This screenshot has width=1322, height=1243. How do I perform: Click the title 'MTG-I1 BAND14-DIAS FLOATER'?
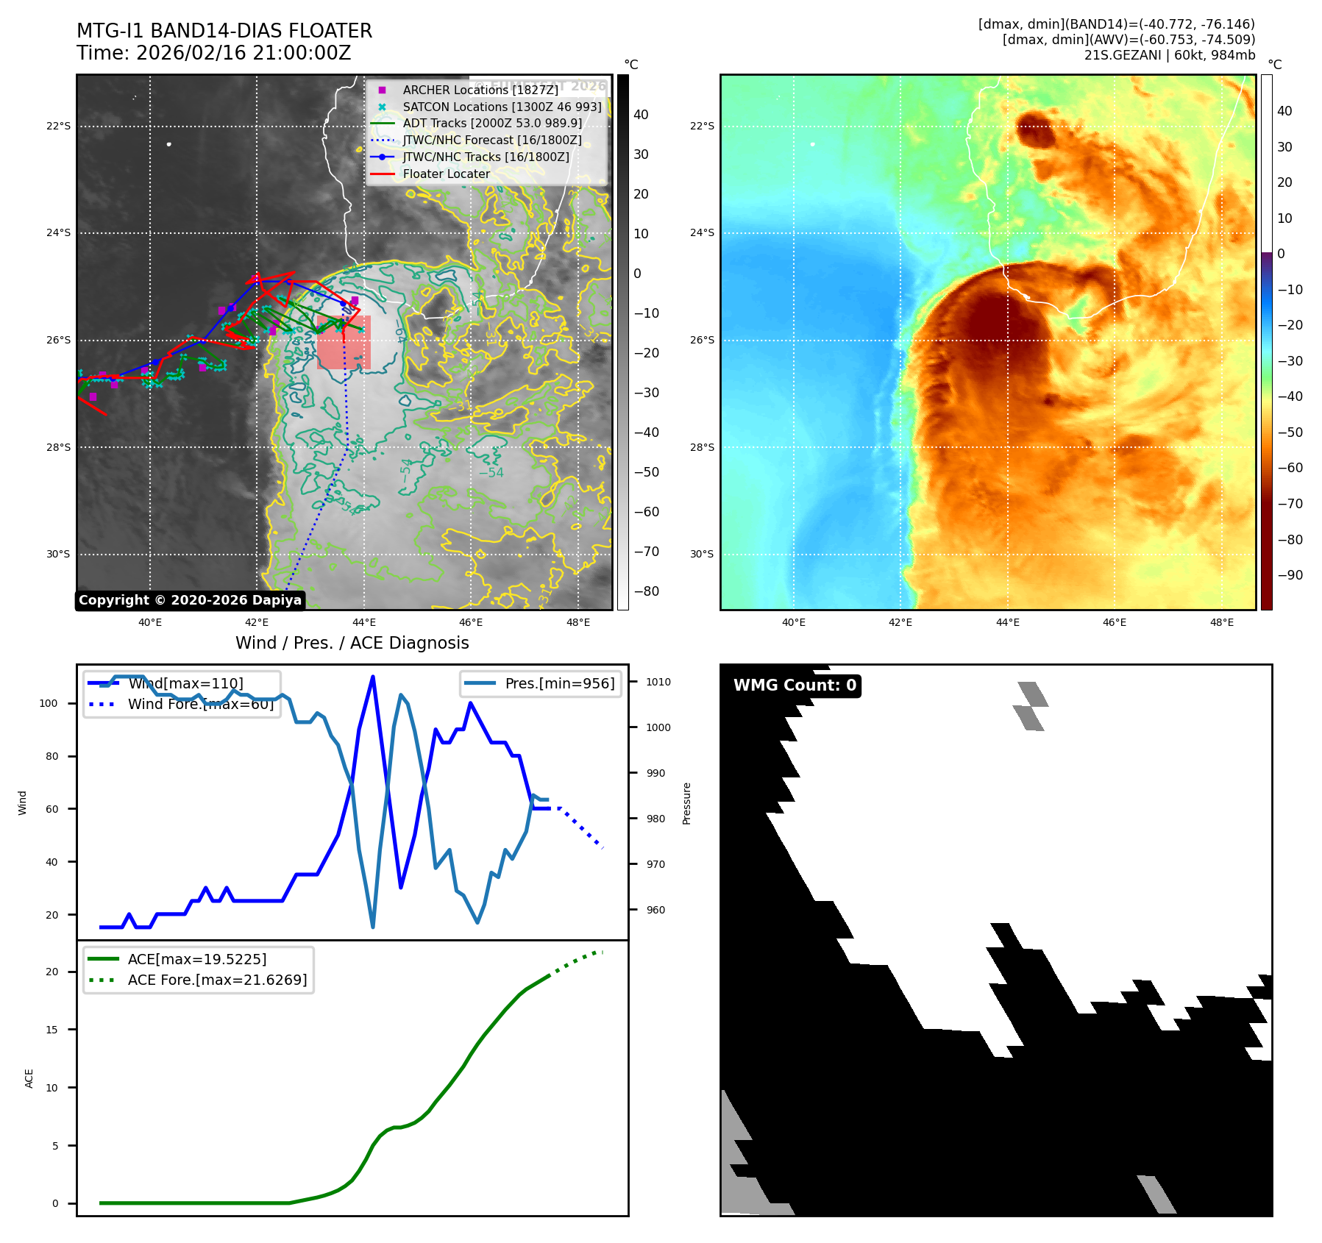(224, 31)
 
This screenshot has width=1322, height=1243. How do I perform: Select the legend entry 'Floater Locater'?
(446, 174)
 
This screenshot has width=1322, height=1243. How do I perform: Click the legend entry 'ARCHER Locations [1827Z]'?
(480, 90)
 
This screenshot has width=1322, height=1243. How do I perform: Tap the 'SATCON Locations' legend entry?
(502, 107)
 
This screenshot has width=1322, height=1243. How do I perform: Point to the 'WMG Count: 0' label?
(795, 685)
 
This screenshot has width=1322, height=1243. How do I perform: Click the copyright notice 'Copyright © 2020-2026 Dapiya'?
(190, 600)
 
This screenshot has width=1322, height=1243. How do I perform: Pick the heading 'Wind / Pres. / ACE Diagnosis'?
(352, 643)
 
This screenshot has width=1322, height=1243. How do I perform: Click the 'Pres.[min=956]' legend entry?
(559, 683)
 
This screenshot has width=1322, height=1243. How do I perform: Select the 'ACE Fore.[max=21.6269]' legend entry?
(217, 980)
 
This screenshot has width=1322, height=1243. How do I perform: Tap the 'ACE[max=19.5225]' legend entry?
(197, 959)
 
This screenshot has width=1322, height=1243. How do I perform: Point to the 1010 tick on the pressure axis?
(658, 682)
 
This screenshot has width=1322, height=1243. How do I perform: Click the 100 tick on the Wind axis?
(49, 703)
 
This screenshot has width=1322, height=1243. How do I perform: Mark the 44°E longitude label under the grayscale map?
(363, 622)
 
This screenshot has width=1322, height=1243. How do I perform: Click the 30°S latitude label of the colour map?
(701, 555)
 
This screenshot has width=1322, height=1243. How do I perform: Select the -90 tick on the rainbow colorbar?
(1290, 575)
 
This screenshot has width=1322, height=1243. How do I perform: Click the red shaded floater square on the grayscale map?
(344, 343)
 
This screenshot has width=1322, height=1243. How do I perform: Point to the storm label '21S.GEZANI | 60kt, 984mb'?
(1169, 55)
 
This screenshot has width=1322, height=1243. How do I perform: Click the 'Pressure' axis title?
(686, 803)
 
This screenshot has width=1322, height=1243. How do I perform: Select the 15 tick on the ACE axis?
(51, 1030)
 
